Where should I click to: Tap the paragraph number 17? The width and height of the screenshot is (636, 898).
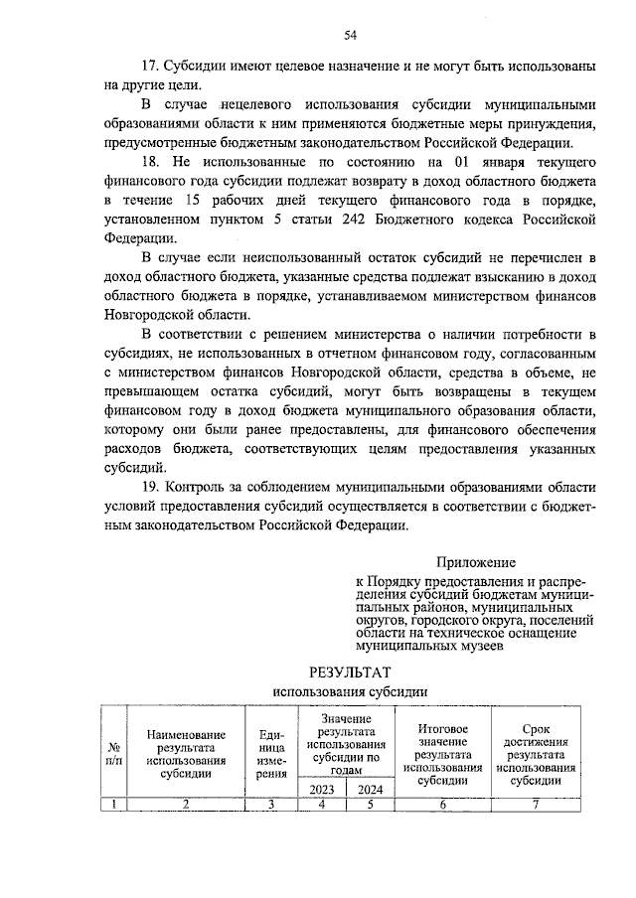pos(151,67)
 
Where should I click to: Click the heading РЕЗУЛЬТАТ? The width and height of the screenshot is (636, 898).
pos(350,673)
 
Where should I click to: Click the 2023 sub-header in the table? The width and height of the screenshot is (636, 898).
pos(321,789)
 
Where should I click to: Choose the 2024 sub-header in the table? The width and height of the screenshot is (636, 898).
pos(370,789)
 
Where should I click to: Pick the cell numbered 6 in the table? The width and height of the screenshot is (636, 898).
pos(443,805)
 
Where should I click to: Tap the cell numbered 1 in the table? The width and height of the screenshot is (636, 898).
pos(114,805)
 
